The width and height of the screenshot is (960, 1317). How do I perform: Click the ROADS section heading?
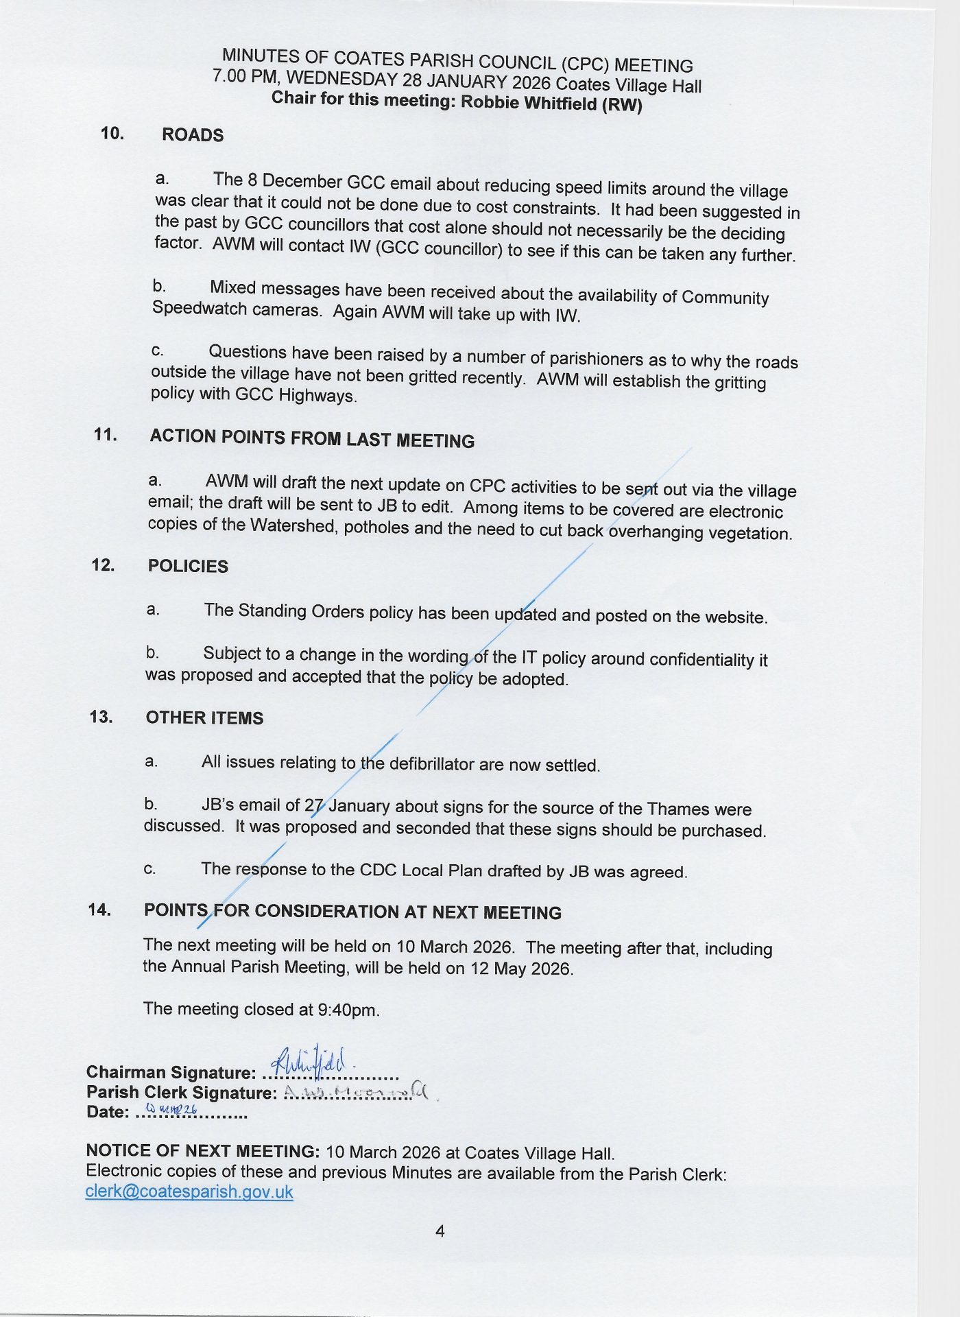pyautogui.click(x=193, y=135)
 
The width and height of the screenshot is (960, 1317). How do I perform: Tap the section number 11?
pyautogui.click(x=106, y=434)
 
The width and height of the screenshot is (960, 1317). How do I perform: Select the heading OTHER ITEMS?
pyautogui.click(x=204, y=718)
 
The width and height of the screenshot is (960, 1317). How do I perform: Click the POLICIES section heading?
pyautogui.click(x=188, y=566)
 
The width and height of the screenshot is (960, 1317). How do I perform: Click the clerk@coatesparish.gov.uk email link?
pyautogui.click(x=189, y=1191)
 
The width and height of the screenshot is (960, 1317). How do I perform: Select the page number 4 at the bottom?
pyautogui.click(x=440, y=1231)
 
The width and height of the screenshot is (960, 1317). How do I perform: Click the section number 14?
pyautogui.click(x=99, y=910)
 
